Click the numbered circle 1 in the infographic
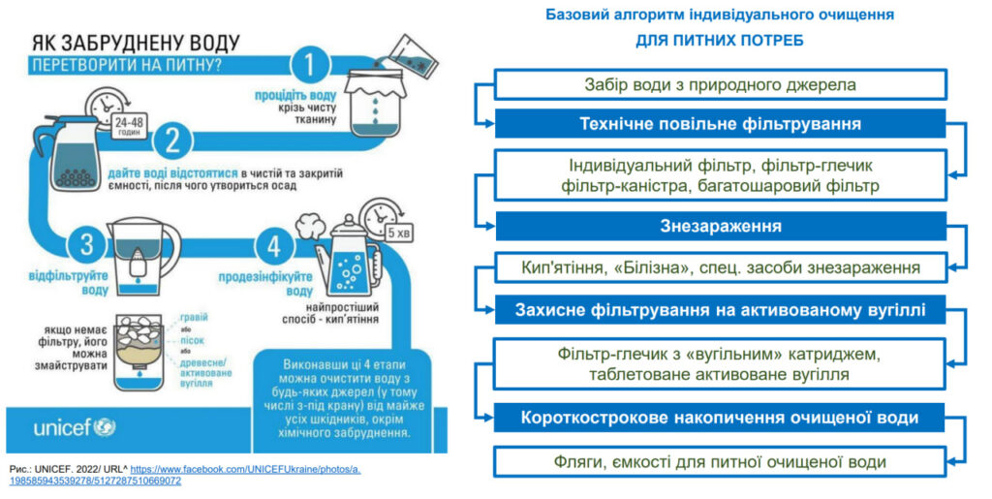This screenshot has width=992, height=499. click(x=309, y=65)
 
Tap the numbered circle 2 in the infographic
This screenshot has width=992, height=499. click(x=172, y=141)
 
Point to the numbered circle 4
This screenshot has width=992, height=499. click(x=273, y=246)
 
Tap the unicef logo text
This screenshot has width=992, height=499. click(x=63, y=426)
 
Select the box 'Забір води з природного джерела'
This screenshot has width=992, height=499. click(x=720, y=84)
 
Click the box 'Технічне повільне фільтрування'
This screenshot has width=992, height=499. click(x=720, y=124)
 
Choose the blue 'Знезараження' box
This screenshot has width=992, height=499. click(x=720, y=226)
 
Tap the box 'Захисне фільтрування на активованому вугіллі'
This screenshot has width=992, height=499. click(x=720, y=311)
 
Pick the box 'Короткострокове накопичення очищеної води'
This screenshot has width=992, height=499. click(x=720, y=418)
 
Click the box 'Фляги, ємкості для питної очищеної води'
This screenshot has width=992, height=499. click(x=720, y=461)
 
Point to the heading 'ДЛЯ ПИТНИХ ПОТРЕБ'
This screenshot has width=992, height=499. click(x=719, y=41)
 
